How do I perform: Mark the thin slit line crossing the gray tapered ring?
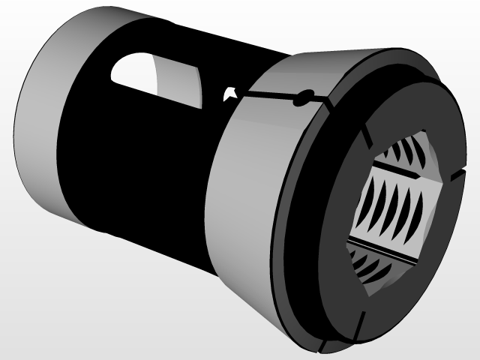[x=270, y=97]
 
